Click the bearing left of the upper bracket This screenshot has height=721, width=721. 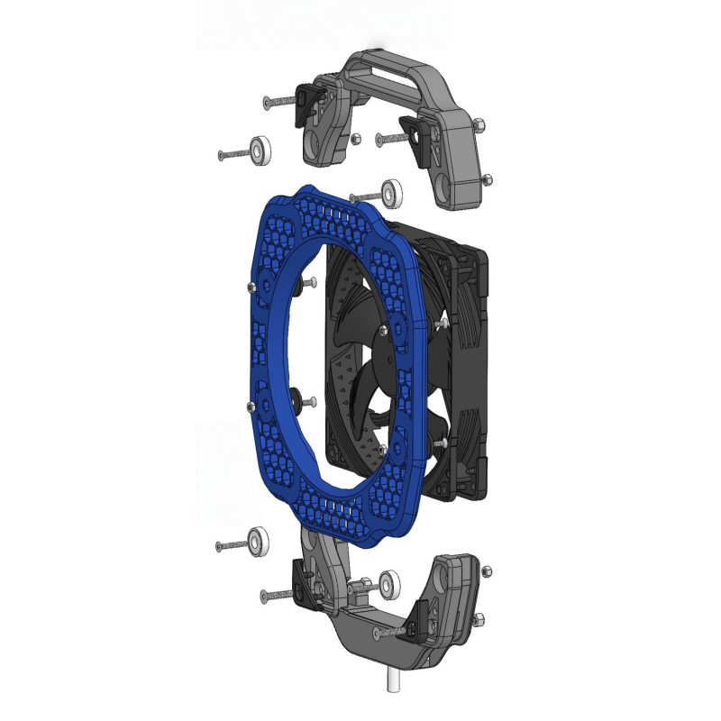[x=261, y=150]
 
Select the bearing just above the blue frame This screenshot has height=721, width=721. [x=392, y=193]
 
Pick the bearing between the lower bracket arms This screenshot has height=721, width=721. [x=391, y=583]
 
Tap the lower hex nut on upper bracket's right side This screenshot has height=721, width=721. [x=488, y=179]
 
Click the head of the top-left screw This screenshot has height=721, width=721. [x=267, y=103]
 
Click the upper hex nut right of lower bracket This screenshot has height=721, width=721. [x=488, y=571]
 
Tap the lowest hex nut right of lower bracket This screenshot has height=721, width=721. [x=478, y=617]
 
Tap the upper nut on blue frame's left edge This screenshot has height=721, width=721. [x=248, y=287]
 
